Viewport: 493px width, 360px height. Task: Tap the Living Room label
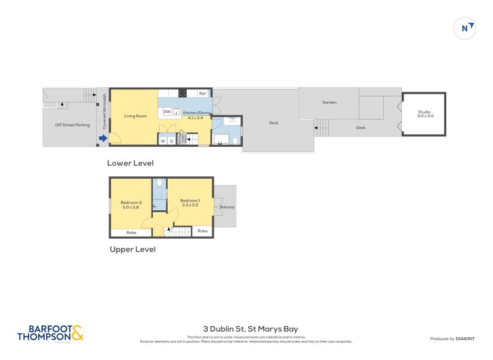134,116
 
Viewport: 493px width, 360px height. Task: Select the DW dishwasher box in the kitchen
167,112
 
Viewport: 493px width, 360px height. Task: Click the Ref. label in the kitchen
202,93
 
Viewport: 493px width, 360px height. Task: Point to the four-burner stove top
182,93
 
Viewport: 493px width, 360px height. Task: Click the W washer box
163,141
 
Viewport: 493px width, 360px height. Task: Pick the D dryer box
171,141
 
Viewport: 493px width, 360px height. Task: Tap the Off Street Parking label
73,125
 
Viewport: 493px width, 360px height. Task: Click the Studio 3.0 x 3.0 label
425,113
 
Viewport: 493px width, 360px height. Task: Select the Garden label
329,102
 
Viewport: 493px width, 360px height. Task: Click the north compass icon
465,28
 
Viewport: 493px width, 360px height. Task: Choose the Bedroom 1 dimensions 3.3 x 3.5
190,205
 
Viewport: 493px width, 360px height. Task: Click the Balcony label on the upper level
226,207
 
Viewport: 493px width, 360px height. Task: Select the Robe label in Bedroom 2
131,232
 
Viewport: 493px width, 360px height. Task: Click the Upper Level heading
132,250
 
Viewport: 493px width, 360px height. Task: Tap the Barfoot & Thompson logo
50,333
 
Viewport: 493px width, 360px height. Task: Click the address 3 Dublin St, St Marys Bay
250,329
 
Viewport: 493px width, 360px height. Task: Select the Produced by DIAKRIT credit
451,339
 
